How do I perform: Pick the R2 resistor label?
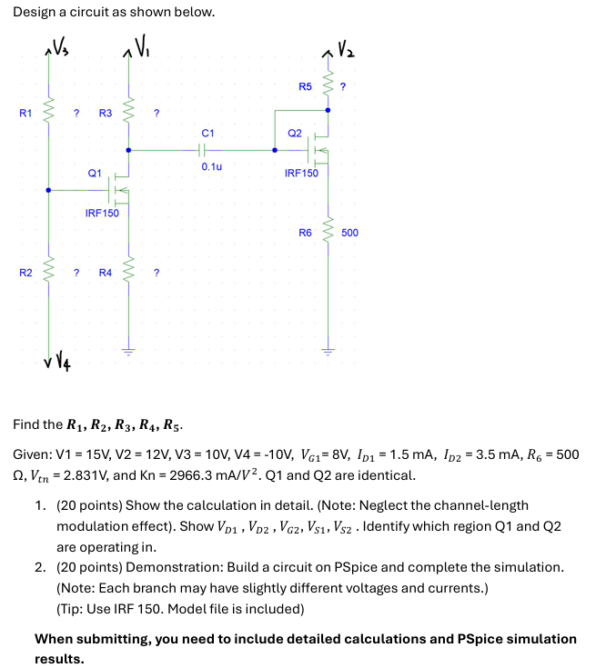tap(25, 272)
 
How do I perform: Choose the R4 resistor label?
tap(105, 272)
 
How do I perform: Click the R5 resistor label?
tap(305, 87)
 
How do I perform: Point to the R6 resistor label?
tap(305, 233)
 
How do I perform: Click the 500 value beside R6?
tap(349, 233)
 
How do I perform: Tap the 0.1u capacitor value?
tap(211, 167)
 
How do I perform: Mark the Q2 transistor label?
tap(294, 133)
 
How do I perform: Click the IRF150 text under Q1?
tap(102, 214)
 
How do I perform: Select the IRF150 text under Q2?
tap(301, 173)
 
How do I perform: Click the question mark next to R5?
tap(343, 87)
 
